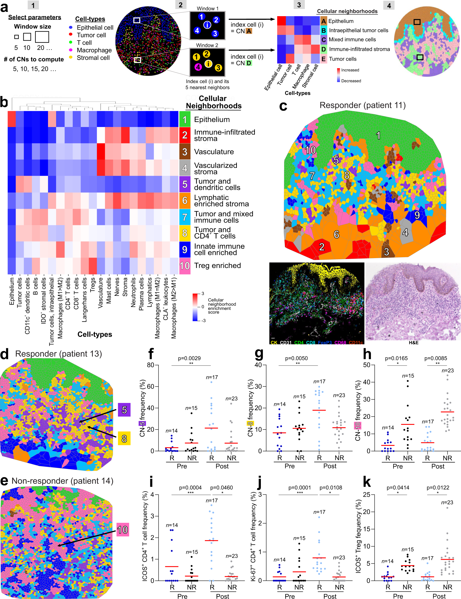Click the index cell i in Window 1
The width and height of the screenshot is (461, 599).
207,25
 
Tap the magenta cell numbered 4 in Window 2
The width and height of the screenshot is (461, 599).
198,67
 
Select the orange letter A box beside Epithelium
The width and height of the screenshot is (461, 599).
324,21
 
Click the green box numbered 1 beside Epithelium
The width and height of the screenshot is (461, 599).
185,119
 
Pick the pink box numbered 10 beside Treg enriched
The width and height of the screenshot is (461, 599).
185,266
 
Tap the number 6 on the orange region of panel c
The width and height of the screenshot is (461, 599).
337,235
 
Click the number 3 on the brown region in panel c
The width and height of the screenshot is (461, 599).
386,252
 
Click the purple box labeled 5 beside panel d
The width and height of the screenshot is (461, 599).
124,410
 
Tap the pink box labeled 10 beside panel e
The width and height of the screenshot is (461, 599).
123,530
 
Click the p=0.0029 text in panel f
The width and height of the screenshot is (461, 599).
189,358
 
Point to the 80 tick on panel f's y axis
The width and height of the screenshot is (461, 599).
150,365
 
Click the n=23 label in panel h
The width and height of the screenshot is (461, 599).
448,371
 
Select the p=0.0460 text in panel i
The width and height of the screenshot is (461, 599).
221,488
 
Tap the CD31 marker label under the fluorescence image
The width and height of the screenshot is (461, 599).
286,342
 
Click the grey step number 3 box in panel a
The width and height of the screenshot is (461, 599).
299,5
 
